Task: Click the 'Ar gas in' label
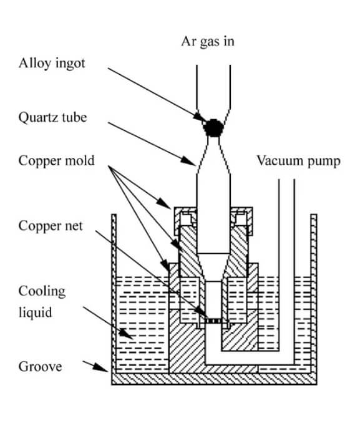pos(208,42)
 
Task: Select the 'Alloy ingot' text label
pos(52,64)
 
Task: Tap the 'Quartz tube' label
pos(52,118)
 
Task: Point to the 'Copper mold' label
pos(56,161)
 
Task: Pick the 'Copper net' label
pos(51,226)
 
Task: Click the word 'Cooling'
pos(42,292)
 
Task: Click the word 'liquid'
pos(35,312)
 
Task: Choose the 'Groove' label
pos(41,367)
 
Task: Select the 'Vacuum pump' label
pos(298,162)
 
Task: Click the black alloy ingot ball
pos(213,128)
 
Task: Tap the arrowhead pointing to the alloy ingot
pos(200,118)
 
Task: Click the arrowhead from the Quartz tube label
pos(188,161)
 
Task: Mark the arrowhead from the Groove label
pos(100,367)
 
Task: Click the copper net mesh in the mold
pos(213,321)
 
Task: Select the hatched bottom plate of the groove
pos(214,379)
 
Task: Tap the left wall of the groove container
pos(114,294)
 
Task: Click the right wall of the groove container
pos(314,294)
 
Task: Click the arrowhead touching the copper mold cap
pos(163,203)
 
